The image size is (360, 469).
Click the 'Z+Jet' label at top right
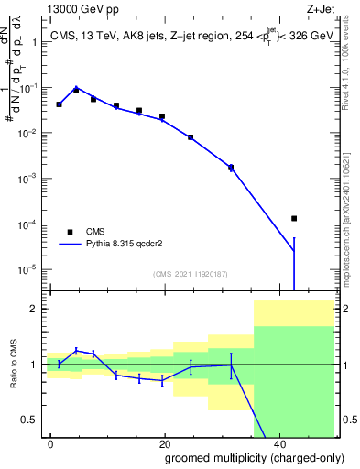point(320,9)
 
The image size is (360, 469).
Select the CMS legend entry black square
point(70,232)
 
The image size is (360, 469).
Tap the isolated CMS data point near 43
point(294,218)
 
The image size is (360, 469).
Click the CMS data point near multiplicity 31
point(231,168)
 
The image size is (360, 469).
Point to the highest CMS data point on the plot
point(76,91)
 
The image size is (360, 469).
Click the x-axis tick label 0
point(51,442)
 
